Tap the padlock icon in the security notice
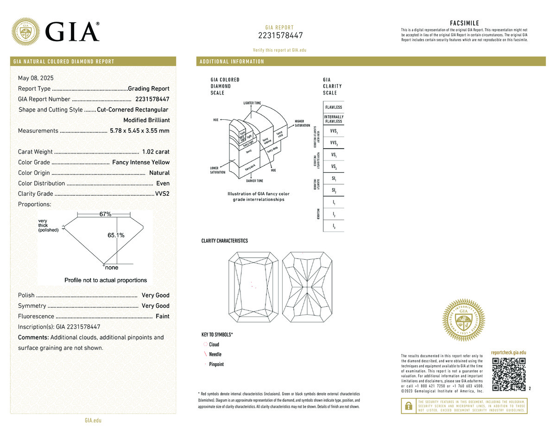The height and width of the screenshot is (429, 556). pos(409,406)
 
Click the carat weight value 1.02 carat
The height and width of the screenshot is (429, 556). pos(156,152)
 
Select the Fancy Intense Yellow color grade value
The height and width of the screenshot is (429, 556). pos(141,162)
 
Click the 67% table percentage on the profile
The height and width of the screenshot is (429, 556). pos(106,214)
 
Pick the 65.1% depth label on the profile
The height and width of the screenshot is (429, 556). pos(116,235)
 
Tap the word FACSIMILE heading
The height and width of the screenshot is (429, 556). pos(464,23)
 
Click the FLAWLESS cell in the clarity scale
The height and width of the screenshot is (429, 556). pos(334,107)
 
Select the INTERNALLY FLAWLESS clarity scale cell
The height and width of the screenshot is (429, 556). pos(334,119)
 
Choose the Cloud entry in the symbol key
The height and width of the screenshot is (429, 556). pos(214,344)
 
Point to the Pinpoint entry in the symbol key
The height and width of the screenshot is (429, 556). pos(216,364)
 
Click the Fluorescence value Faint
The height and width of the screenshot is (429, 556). pos(162,317)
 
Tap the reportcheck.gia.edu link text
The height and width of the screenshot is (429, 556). pos(509,353)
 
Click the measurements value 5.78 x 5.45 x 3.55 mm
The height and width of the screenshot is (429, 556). pos(139,131)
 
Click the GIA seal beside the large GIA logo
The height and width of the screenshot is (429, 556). pos(25,32)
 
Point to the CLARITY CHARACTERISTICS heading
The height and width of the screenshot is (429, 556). pos(224,241)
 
